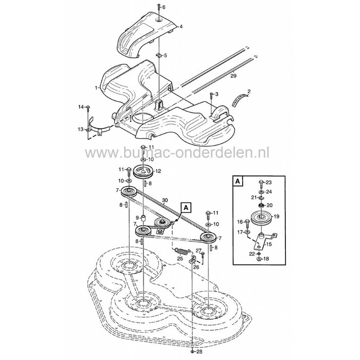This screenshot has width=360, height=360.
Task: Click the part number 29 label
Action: tap(233, 76)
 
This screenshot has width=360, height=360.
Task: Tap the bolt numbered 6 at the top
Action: tap(159, 7)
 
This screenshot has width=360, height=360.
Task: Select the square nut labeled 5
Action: tap(158, 55)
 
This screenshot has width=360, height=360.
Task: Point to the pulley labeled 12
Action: tap(143, 171)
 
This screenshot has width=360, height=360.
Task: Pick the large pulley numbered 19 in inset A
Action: tap(261, 217)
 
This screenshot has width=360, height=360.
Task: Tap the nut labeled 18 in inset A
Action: tap(259, 259)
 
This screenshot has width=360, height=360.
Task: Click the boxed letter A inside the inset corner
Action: tap(238, 182)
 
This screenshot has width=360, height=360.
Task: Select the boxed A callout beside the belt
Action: tap(186, 208)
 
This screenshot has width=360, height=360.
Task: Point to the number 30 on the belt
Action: tap(165, 200)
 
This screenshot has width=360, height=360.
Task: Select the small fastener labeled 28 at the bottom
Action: tap(192, 351)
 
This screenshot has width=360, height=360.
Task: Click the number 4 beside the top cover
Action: tap(181, 27)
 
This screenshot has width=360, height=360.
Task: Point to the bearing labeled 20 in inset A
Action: tap(261, 205)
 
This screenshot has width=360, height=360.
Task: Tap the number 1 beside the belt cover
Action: tap(97, 87)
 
